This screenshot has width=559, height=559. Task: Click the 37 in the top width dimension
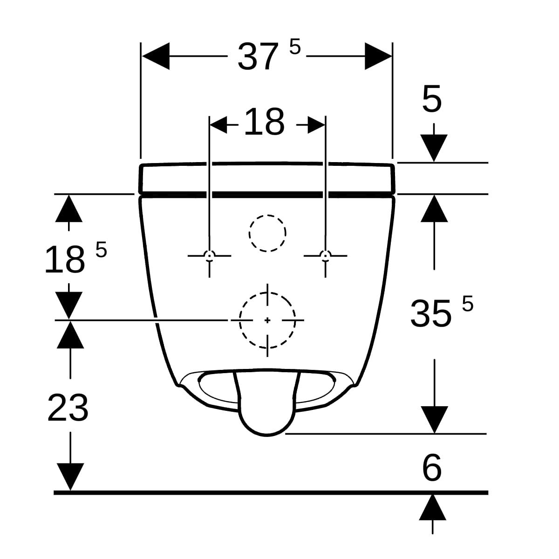[x=256, y=56]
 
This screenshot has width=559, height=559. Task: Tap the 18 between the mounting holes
[x=264, y=122]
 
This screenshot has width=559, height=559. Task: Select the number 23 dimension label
[x=68, y=408]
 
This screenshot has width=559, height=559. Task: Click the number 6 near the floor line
[x=432, y=468]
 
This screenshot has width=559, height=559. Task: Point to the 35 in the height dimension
[x=430, y=314]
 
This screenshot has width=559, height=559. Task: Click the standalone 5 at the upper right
[x=432, y=99]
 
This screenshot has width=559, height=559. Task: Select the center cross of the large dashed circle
[x=267, y=320]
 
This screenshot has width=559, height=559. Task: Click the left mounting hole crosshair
[x=210, y=256]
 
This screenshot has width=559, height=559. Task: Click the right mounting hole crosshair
[x=326, y=256]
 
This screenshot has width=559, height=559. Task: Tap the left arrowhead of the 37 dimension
[x=156, y=56]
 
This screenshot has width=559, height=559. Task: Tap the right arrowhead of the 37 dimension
[x=378, y=56]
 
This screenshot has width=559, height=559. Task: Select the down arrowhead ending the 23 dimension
[x=70, y=477]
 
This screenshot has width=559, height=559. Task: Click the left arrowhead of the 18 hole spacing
[x=218, y=125]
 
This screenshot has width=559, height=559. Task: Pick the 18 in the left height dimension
[x=65, y=259]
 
